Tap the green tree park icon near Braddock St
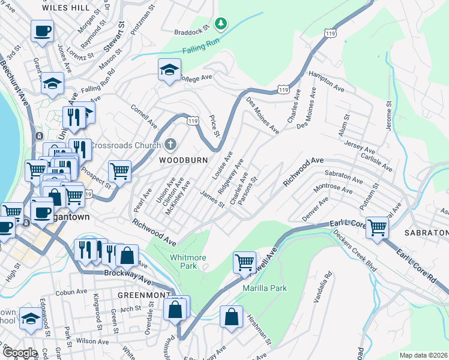(x=222, y=23)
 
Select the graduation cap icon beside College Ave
(x=169, y=70)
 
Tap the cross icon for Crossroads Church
(x=170, y=145)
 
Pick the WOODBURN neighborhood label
(x=183, y=160)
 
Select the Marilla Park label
(x=265, y=288)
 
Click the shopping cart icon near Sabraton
(x=378, y=227)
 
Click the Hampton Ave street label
(x=326, y=81)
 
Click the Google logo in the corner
(x=20, y=353)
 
